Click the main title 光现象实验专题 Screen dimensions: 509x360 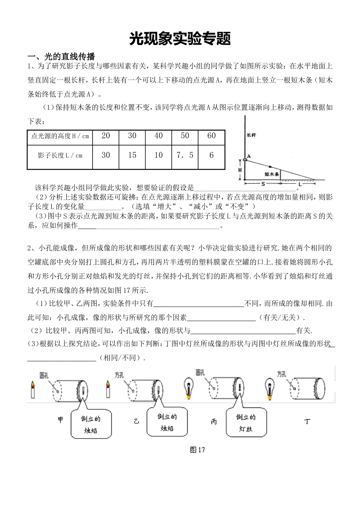180,39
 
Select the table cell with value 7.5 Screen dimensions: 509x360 185,155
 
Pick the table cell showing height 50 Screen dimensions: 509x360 185,136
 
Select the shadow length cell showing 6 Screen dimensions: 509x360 211,155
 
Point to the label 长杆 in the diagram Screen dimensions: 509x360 251,135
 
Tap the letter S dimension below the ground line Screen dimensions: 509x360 262,183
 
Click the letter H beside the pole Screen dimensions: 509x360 240,170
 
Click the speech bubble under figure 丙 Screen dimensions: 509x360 246,423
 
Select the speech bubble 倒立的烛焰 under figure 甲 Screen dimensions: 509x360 91,424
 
